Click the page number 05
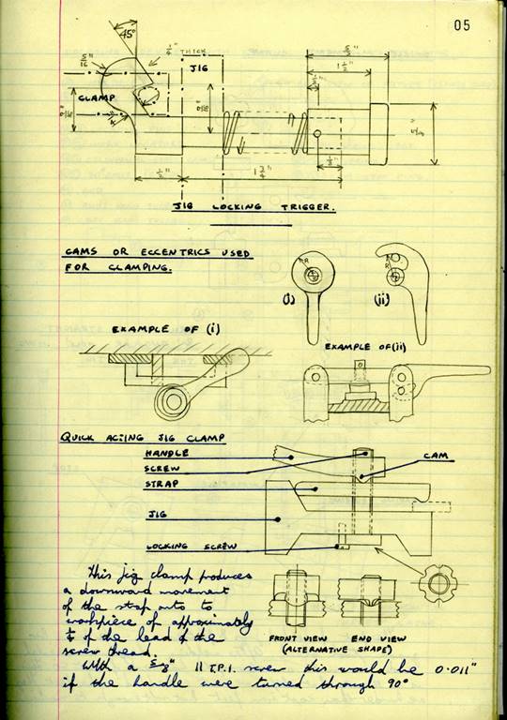(x=461, y=25)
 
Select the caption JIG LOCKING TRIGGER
(x=253, y=207)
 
